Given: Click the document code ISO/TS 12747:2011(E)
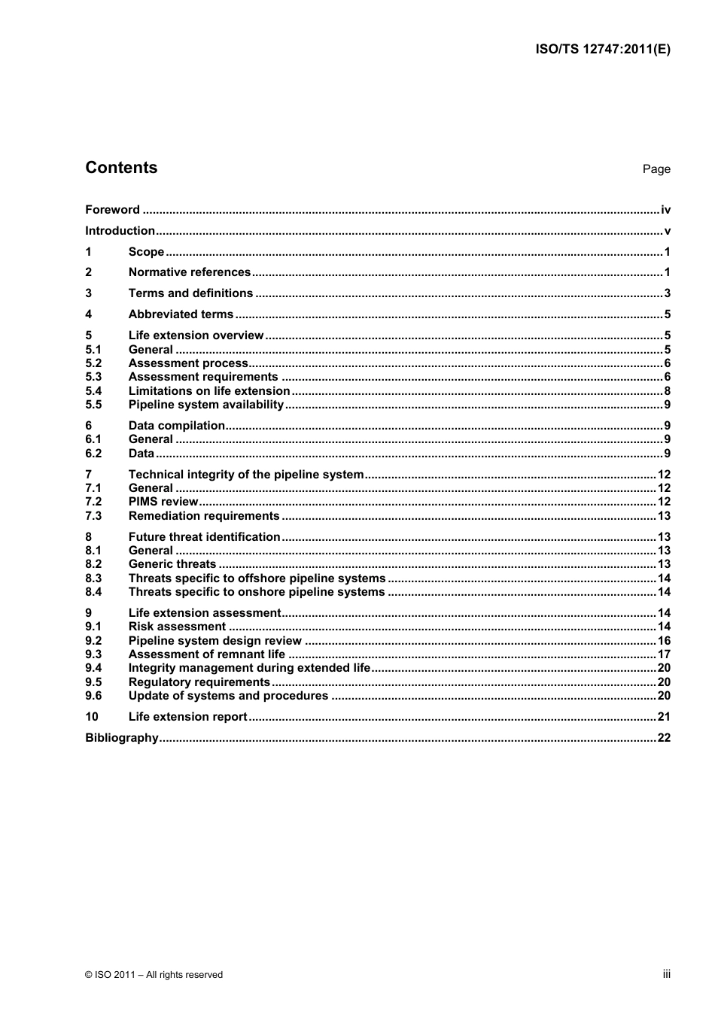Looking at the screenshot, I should point(602,50).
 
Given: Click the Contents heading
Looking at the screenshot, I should point(121,168).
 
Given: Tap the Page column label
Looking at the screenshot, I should point(656,169).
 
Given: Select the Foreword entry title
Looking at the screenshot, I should point(112,210).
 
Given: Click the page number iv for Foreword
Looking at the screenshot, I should point(665,210).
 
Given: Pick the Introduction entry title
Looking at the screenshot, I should point(120,231).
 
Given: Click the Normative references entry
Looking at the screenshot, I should point(189,272).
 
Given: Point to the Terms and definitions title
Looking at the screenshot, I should point(190,293).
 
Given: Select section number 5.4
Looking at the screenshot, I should point(93,391).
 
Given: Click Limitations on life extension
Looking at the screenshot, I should point(208,391).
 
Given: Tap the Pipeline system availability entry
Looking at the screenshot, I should point(205,405).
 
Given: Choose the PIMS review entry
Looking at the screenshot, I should point(163,502).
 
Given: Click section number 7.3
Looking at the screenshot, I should point(93,516).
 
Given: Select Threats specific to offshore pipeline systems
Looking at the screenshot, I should point(257,578).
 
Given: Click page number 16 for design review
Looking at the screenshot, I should point(664,641).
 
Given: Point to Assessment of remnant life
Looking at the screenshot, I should point(206,654).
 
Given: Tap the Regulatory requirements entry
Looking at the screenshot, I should point(199,682).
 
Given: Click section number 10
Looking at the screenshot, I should point(92,717).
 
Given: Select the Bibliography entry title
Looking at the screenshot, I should point(121,738).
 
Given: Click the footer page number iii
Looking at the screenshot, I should point(666,974).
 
